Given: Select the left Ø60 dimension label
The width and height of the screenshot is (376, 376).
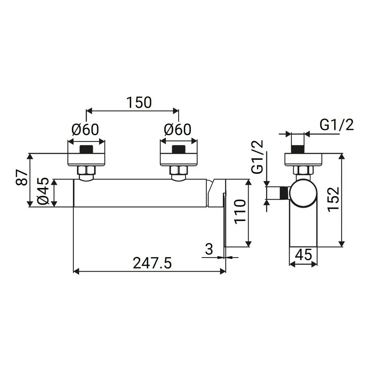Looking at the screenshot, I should pos(86,130).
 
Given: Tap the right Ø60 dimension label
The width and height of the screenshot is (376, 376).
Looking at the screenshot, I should pos(178,130).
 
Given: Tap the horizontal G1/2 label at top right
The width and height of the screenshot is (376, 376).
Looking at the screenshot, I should pos(337,125).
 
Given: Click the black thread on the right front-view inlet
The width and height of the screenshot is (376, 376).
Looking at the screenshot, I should pos(179,151).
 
